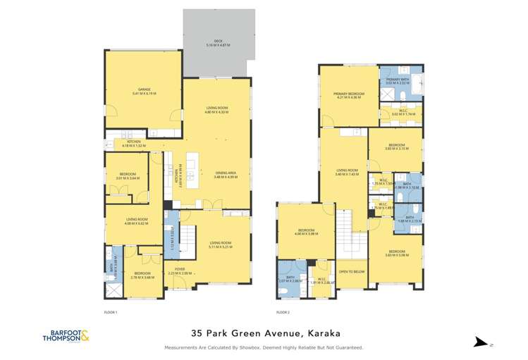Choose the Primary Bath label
coord(397,80)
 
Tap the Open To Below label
coord(351,271)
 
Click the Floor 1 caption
coord(111,311)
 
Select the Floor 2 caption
coord(283,311)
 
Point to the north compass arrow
coord(482,342)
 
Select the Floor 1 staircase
coord(189,240)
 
